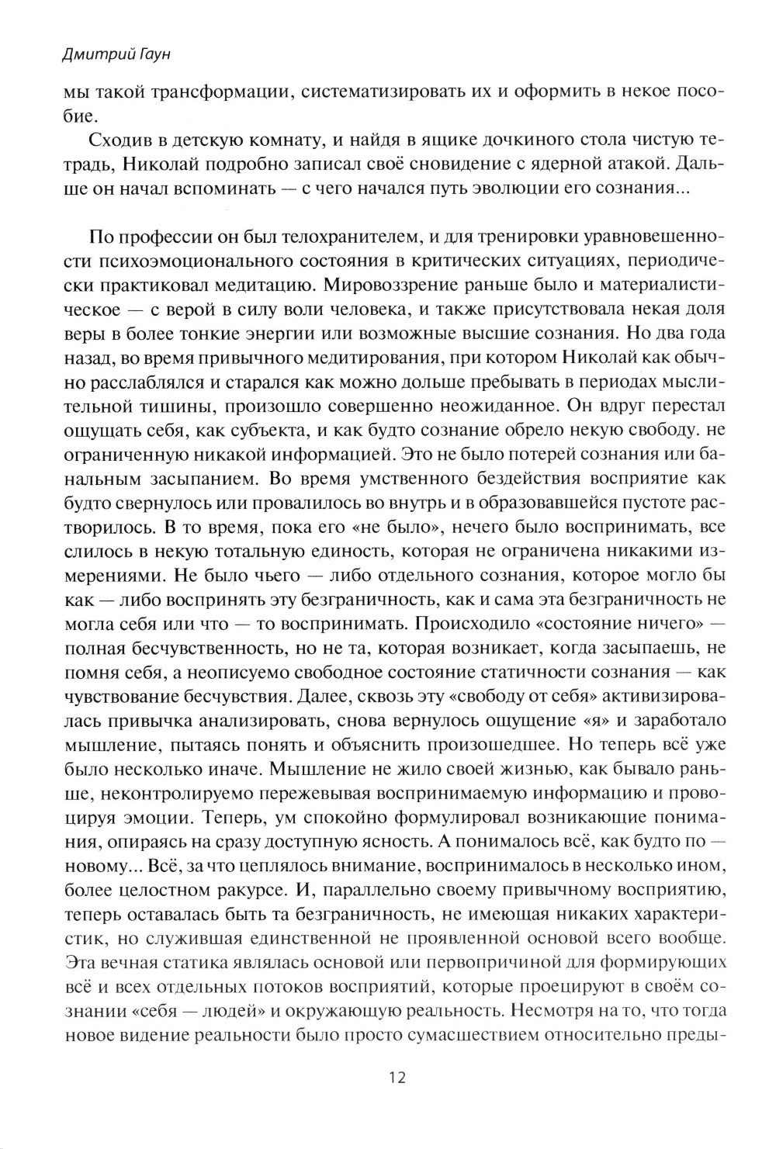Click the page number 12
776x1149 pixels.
397,1078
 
